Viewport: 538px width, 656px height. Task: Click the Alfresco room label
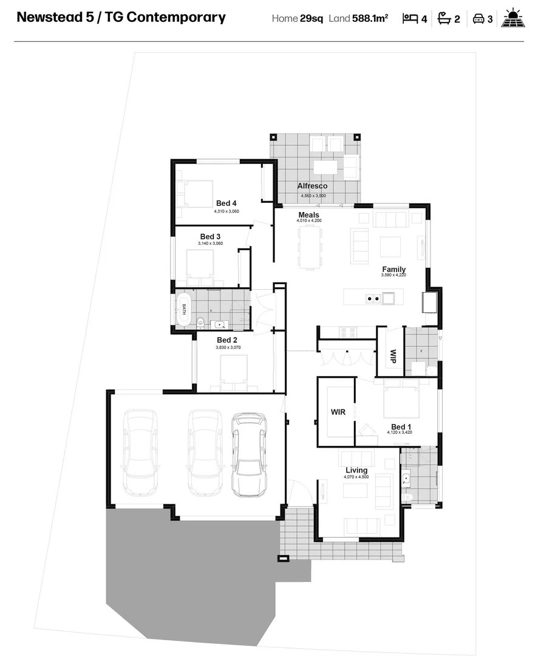(x=312, y=186)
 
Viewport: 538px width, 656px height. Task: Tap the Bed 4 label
(x=226, y=203)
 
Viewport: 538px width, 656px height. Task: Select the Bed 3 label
(x=210, y=236)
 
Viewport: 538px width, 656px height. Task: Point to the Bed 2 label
(x=226, y=340)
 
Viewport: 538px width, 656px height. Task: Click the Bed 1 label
(x=401, y=427)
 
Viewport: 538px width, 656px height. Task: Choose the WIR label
(x=338, y=412)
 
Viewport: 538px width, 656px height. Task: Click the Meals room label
(x=308, y=215)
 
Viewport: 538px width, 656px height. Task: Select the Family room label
(x=393, y=269)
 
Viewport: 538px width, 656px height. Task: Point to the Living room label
(x=356, y=470)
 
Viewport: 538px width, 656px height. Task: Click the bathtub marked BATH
(x=183, y=309)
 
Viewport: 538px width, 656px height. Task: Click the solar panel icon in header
(x=514, y=18)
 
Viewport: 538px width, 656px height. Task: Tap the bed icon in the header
(x=410, y=19)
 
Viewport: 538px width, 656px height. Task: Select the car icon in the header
(x=478, y=19)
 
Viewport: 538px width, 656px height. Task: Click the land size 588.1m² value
(x=370, y=19)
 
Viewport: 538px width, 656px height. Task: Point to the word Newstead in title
(x=50, y=17)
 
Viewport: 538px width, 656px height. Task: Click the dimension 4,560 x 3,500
(x=313, y=196)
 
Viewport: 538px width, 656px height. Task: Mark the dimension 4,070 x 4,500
(x=356, y=477)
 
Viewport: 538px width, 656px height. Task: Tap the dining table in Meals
(x=310, y=246)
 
